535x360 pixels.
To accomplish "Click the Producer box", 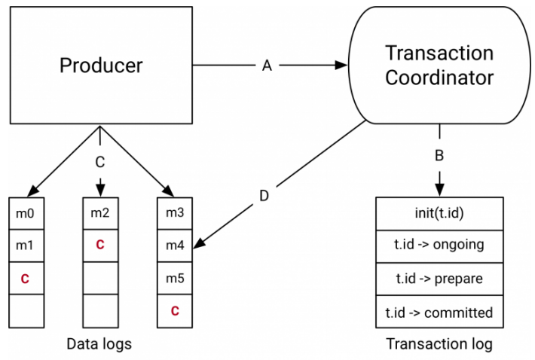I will tap(100, 66).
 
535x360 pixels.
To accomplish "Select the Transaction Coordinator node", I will tap(439, 66).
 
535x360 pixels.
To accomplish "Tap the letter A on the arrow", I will tap(266, 66).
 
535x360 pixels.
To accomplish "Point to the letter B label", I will tap(439, 157).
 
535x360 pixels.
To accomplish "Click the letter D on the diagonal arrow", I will tap(264, 195).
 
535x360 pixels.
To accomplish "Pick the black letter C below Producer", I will tap(99, 161).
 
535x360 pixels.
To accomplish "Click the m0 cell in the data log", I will tap(25, 212).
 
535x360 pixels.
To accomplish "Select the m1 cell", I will tap(25, 245).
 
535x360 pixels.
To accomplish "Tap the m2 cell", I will tap(99, 212).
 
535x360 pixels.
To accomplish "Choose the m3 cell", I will tap(174, 212).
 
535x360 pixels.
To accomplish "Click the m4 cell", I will tap(174, 245).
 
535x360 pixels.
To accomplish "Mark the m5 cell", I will tap(174, 278).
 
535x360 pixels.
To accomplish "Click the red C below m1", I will tap(25, 278).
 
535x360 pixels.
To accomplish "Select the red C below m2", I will tap(99, 245).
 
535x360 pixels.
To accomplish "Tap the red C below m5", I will tap(174, 310).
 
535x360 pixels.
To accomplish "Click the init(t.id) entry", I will tap(439, 212).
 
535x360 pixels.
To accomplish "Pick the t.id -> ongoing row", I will tap(439, 245).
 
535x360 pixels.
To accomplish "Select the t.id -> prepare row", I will tap(439, 278).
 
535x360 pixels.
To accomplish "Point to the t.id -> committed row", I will tap(439, 311).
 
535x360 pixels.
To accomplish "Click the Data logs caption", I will tap(99, 344).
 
